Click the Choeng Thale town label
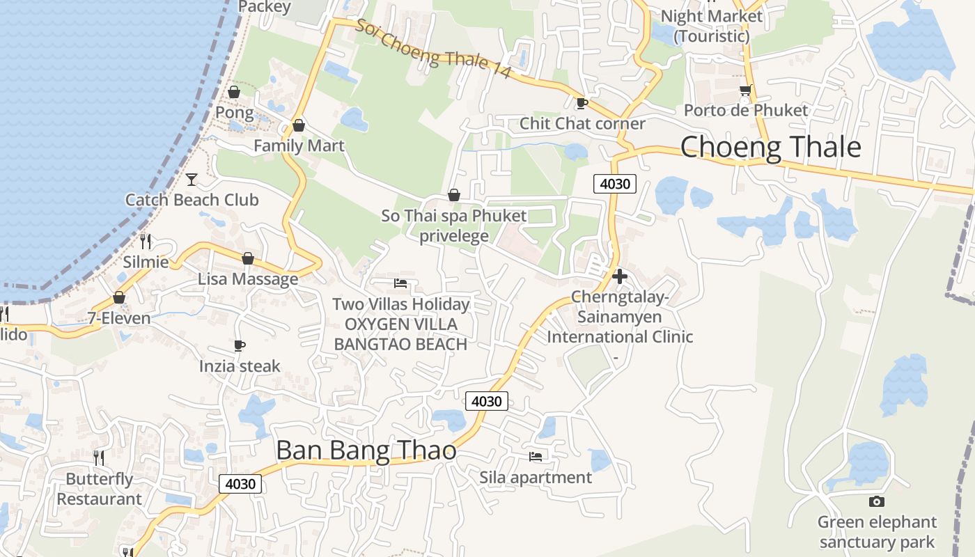click(x=770, y=148)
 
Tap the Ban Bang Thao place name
click(x=366, y=450)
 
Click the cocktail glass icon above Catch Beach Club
click(x=192, y=180)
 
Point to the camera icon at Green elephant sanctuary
click(x=877, y=501)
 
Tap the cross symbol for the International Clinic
click(x=619, y=276)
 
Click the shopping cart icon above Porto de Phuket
click(x=745, y=91)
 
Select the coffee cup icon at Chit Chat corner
click(x=582, y=104)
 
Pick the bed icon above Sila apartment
click(x=536, y=457)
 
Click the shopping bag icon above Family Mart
click(x=299, y=125)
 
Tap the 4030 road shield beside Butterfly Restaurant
click(x=240, y=484)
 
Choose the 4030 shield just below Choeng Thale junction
click(x=615, y=184)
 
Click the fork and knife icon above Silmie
click(x=146, y=242)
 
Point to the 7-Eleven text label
click(x=119, y=319)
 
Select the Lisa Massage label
click(x=248, y=279)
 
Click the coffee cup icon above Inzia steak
click(x=240, y=345)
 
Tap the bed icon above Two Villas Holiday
click(x=400, y=283)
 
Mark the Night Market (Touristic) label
click(x=711, y=26)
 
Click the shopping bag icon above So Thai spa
click(x=454, y=195)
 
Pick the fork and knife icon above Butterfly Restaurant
click(x=99, y=457)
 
